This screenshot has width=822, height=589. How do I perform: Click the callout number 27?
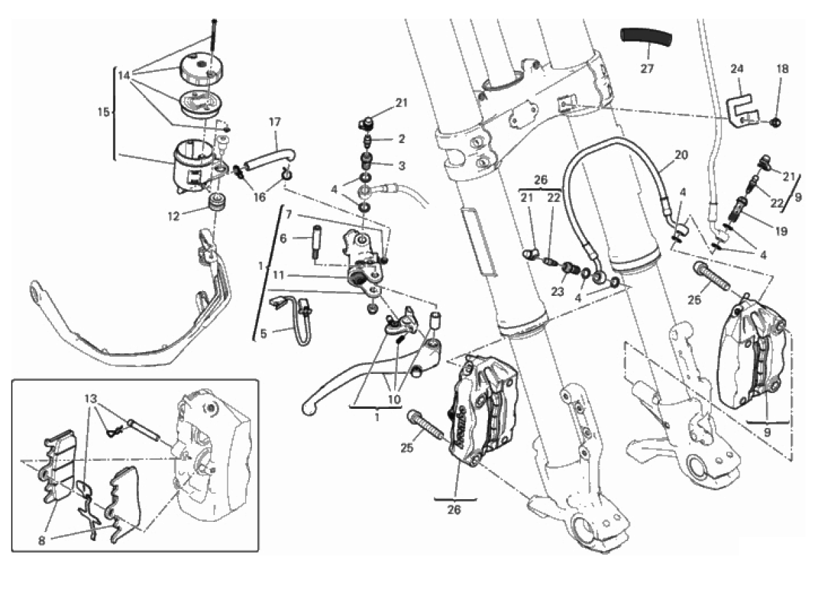pyautogui.click(x=647, y=69)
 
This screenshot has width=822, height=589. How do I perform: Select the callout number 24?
pyautogui.click(x=736, y=69)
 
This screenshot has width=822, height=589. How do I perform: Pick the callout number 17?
pyautogui.click(x=274, y=123)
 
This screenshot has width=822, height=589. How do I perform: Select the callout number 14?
pyautogui.click(x=123, y=75)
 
